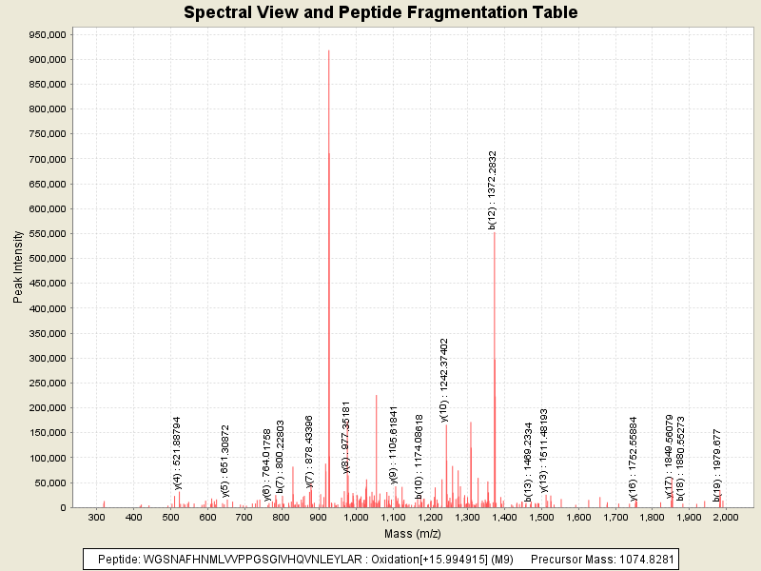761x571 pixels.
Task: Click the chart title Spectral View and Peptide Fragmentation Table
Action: click(x=380, y=13)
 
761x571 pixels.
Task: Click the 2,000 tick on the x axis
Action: click(x=726, y=516)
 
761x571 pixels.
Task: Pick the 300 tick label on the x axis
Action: click(x=96, y=516)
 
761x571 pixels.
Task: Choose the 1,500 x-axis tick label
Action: click(x=540, y=516)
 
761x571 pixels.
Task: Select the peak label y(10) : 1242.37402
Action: click(x=443, y=379)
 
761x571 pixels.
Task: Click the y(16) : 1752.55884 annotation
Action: click(x=634, y=458)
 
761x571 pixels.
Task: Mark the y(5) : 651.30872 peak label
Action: click(x=225, y=461)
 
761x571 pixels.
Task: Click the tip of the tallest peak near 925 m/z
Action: click(x=328, y=51)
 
